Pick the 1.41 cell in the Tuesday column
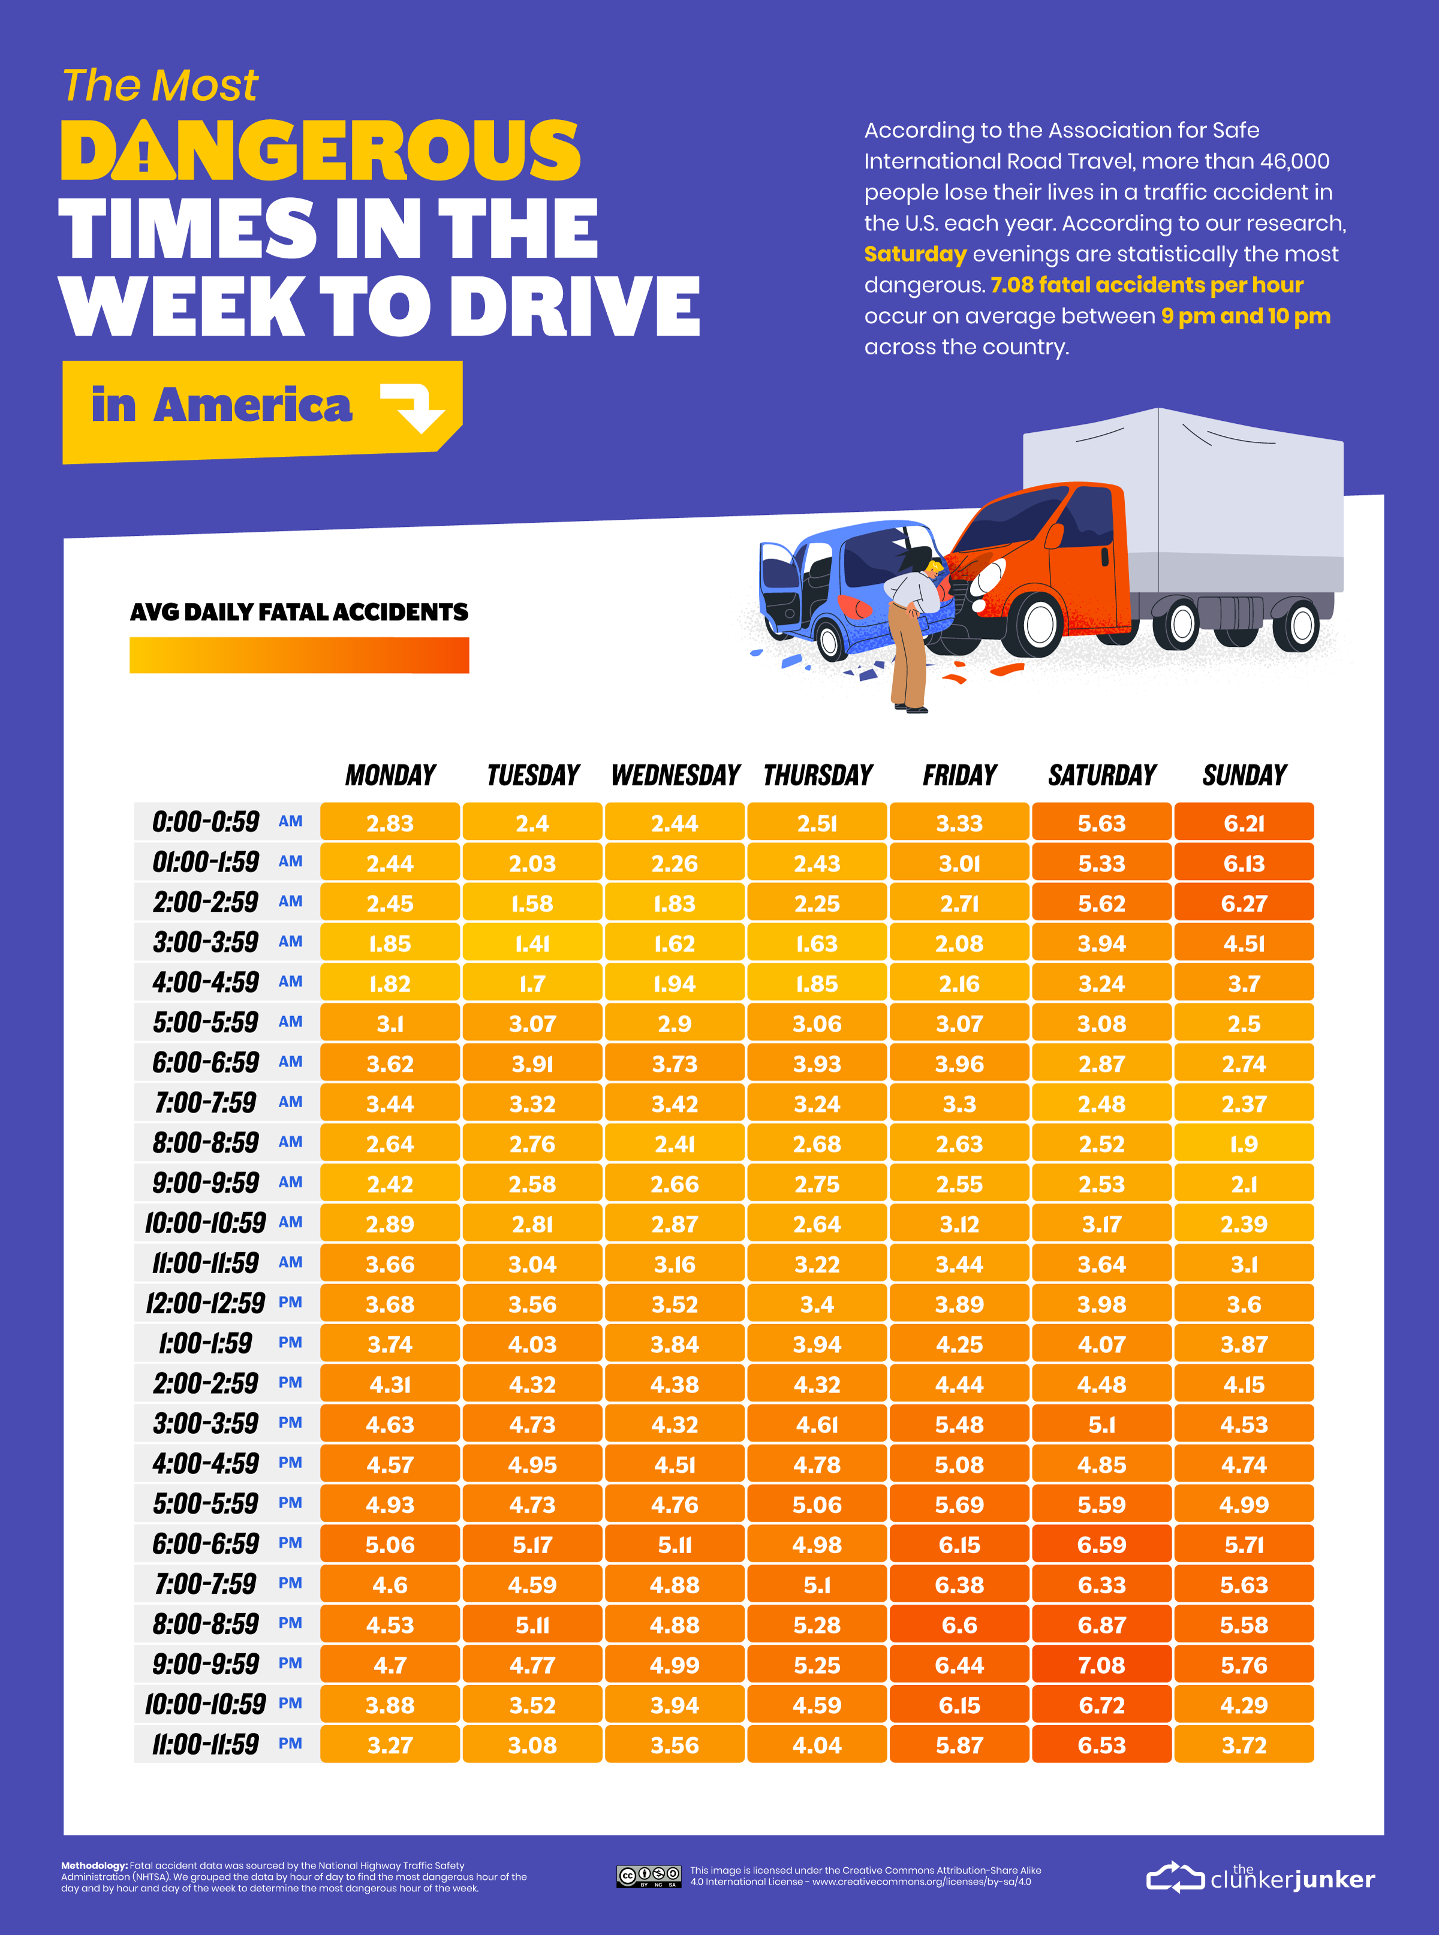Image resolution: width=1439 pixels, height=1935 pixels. point(532,943)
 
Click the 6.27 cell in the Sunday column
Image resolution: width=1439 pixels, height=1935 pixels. point(1244,903)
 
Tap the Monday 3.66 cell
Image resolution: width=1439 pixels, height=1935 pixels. point(389,1264)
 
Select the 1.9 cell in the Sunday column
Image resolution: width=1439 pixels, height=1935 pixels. point(1244,1143)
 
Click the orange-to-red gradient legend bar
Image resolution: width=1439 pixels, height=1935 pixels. point(299,655)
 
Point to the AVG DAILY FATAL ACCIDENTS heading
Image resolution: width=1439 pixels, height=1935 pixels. point(299,612)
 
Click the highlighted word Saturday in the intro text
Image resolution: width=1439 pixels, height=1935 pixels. point(914,254)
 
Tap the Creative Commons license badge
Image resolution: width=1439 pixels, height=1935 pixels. point(649,1876)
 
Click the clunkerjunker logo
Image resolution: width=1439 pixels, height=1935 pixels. point(1260,1877)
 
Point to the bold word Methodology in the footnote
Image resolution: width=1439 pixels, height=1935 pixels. point(94,1865)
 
